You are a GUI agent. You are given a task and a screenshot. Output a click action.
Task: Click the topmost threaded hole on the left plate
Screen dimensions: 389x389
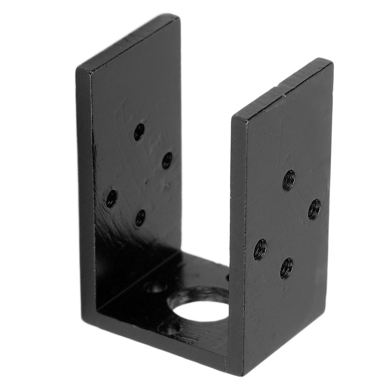click(x=139, y=131)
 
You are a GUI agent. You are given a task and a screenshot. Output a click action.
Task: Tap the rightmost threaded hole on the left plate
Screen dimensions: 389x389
click(x=167, y=160)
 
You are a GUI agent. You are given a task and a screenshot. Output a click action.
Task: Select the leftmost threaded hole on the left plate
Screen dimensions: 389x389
click(x=111, y=198)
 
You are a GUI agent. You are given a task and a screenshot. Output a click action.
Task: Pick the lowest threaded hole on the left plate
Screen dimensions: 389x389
click(x=140, y=218)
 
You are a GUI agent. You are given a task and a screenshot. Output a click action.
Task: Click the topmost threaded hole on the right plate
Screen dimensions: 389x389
click(x=289, y=180)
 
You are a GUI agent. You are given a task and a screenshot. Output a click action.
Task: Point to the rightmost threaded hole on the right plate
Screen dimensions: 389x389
click(x=314, y=209)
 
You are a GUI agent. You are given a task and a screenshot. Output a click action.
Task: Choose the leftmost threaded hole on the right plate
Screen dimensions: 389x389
click(x=260, y=249)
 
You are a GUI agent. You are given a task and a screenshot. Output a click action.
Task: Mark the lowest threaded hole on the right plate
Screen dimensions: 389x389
click(x=286, y=268)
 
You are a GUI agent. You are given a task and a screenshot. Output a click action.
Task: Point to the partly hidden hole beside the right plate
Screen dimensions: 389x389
click(x=228, y=277)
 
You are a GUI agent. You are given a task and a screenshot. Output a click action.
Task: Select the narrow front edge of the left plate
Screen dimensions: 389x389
click(x=85, y=190)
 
